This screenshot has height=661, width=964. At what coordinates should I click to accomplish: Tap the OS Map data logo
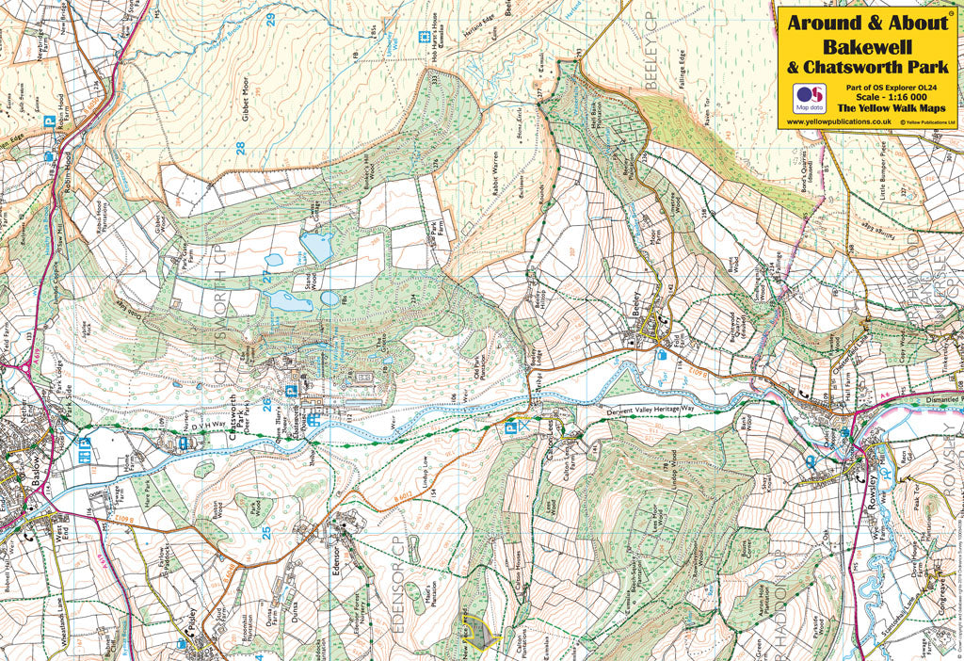[808, 98]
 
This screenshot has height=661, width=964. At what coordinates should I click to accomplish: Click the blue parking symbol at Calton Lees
[512, 427]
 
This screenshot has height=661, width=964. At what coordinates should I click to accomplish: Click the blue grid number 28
[241, 148]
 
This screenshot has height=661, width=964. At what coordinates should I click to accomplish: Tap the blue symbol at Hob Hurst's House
[394, 40]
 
